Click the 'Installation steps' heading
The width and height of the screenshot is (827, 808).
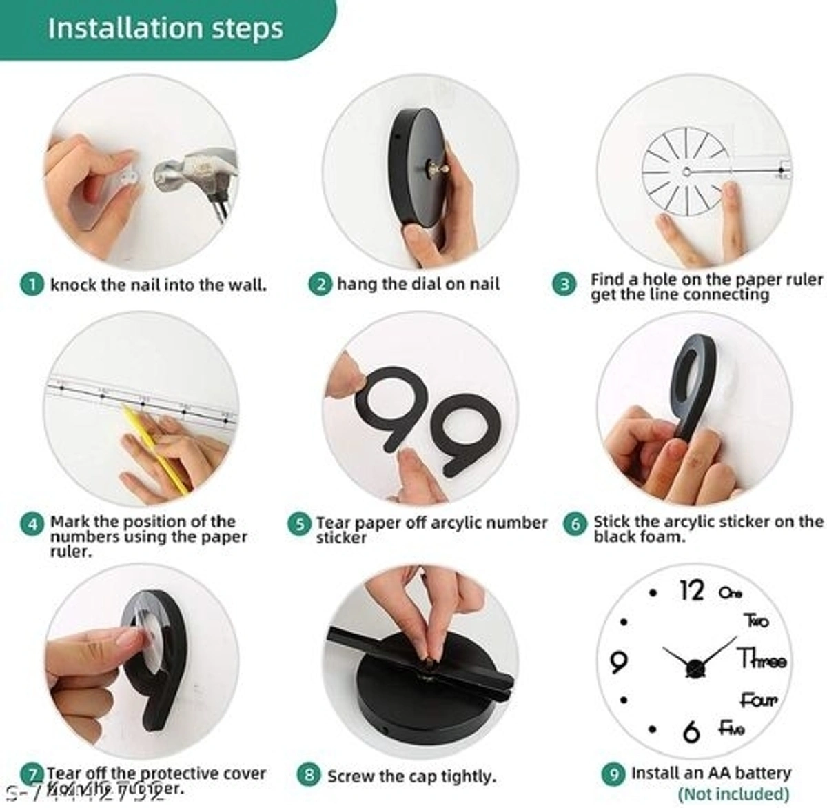165,29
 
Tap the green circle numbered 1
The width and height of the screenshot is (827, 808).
32,285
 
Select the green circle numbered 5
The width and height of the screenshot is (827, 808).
298,524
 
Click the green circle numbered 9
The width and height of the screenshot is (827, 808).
613,774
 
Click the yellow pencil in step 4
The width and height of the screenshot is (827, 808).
154,449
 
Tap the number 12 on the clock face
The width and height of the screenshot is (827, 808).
691,591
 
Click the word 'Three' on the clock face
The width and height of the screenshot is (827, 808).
762,659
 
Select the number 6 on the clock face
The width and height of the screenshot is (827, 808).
691,731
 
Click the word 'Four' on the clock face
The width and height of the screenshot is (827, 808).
758,700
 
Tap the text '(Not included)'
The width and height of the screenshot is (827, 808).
733,794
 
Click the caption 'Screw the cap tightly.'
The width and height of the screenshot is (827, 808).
411,776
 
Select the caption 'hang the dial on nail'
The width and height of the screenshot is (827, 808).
418,284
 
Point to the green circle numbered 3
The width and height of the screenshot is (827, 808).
564,285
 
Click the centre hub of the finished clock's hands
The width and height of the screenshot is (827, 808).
695,667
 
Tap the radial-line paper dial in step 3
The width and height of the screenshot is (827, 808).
685,172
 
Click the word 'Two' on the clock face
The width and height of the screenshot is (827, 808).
756,621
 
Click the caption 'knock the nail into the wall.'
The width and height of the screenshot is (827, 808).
158,285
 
